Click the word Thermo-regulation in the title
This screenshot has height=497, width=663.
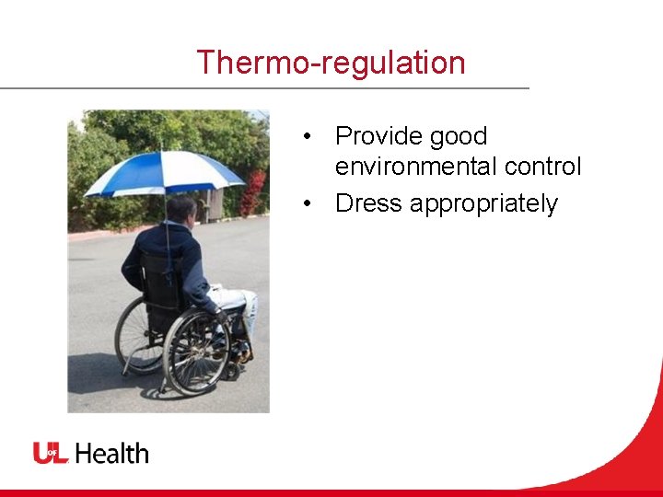331,63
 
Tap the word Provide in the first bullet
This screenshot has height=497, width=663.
373,136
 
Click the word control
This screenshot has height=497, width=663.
542,167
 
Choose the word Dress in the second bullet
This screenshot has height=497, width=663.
368,203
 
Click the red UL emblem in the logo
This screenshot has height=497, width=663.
52,453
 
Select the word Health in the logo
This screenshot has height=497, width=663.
111,453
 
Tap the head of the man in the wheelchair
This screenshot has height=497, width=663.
181,209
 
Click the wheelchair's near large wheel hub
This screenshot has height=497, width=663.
196,352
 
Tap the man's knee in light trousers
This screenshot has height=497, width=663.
247,299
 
